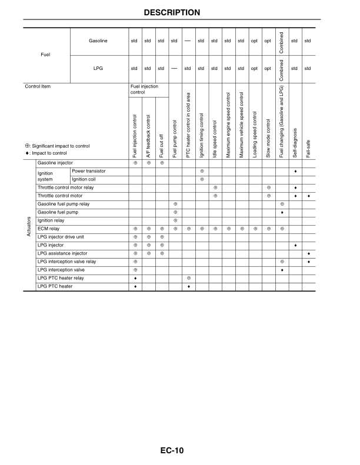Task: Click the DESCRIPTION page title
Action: tap(180, 12)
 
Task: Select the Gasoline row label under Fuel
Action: tap(98, 41)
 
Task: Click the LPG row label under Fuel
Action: tap(98, 68)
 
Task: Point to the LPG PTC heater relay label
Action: tap(61, 278)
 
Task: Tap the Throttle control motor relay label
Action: tap(65, 188)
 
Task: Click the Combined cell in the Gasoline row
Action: tap(282, 41)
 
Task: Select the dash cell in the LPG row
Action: tap(175, 68)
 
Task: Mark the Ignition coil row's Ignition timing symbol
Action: tap(202, 179)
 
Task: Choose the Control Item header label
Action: tap(38, 86)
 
